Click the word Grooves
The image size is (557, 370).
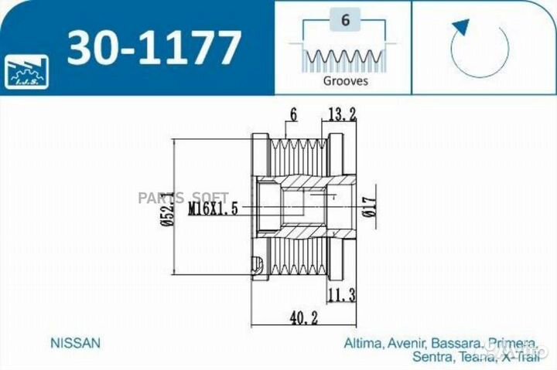tap(344, 80)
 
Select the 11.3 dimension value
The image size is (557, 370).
tap(341, 294)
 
